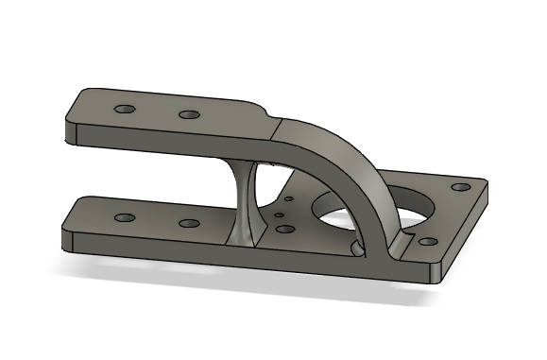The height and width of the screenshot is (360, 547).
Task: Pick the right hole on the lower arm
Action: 189,224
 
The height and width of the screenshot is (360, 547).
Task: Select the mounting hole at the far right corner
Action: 462,186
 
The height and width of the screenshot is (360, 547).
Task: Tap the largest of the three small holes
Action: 282,228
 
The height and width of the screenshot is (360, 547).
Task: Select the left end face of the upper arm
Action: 70,132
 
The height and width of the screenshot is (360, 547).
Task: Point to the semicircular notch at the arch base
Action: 357,248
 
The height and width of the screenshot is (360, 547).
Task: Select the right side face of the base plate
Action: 468,231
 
